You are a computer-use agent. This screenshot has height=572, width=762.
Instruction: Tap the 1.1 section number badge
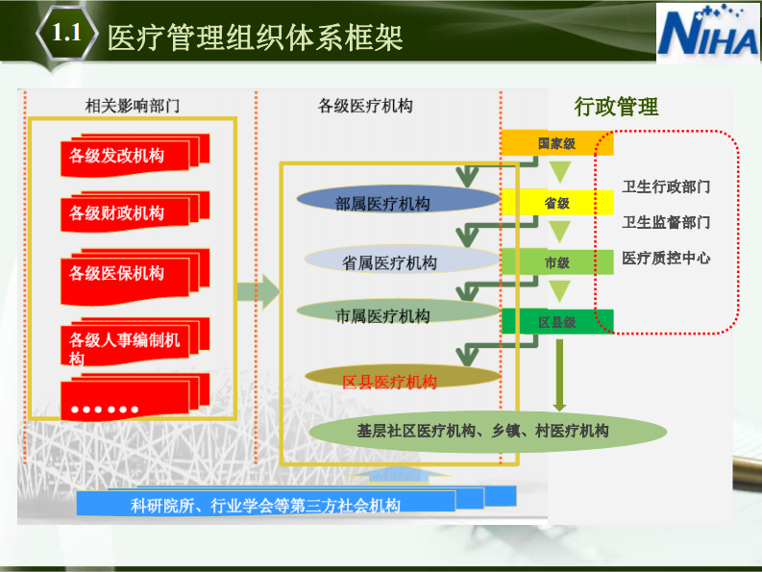(65, 35)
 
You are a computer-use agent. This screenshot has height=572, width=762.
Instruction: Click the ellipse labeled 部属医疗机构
(383, 202)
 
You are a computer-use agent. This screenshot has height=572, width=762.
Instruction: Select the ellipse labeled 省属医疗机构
(389, 261)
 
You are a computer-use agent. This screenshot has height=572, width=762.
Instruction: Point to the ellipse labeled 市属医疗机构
(383, 313)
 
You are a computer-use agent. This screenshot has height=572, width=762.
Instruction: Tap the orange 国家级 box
(556, 143)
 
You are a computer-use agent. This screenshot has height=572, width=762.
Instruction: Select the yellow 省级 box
(556, 203)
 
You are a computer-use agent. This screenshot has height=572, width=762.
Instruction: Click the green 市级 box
(556, 261)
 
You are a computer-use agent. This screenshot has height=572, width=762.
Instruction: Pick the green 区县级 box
(556, 322)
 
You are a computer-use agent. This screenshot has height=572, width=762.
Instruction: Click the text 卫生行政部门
(666, 187)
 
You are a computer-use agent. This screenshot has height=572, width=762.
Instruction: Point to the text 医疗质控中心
(666, 258)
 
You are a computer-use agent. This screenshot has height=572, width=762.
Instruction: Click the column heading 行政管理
(616, 107)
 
